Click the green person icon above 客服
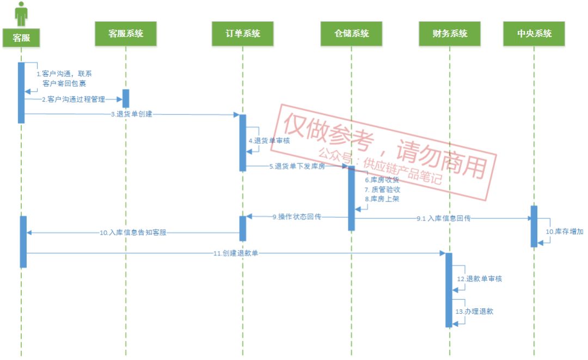(21, 14)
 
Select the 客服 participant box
(21, 38)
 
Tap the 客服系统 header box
(126, 34)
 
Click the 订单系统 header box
(243, 34)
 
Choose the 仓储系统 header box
(352, 34)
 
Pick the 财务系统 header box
(450, 34)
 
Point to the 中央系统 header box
(534, 34)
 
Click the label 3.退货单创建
(131, 114)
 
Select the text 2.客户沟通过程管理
(73, 100)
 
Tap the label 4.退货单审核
(269, 141)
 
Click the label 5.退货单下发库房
(297, 167)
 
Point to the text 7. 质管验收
(383, 190)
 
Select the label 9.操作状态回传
(297, 217)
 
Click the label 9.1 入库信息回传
(444, 218)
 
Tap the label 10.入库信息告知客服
(133, 233)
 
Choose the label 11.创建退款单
(236, 253)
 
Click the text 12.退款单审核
(479, 279)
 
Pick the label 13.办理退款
(475, 312)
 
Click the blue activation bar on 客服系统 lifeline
(126, 99)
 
